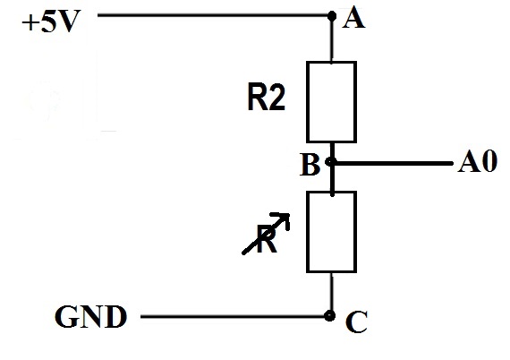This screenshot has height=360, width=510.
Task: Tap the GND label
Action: click(89, 316)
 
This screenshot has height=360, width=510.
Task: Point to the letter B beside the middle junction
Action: click(310, 166)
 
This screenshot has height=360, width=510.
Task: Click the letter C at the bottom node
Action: click(356, 322)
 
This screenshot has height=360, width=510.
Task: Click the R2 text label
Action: click(266, 99)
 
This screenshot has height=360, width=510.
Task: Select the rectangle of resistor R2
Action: click(332, 101)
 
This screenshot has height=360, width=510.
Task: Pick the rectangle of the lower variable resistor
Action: click(332, 231)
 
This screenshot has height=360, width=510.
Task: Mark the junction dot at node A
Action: click(332, 15)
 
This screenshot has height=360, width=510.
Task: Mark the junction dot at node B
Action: click(332, 163)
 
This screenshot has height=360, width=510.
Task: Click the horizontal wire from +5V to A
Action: click(215, 15)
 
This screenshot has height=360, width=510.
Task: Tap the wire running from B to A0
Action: click(394, 163)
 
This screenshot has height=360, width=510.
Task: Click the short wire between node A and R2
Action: click(332, 40)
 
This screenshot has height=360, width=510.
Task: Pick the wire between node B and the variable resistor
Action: click(332, 179)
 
